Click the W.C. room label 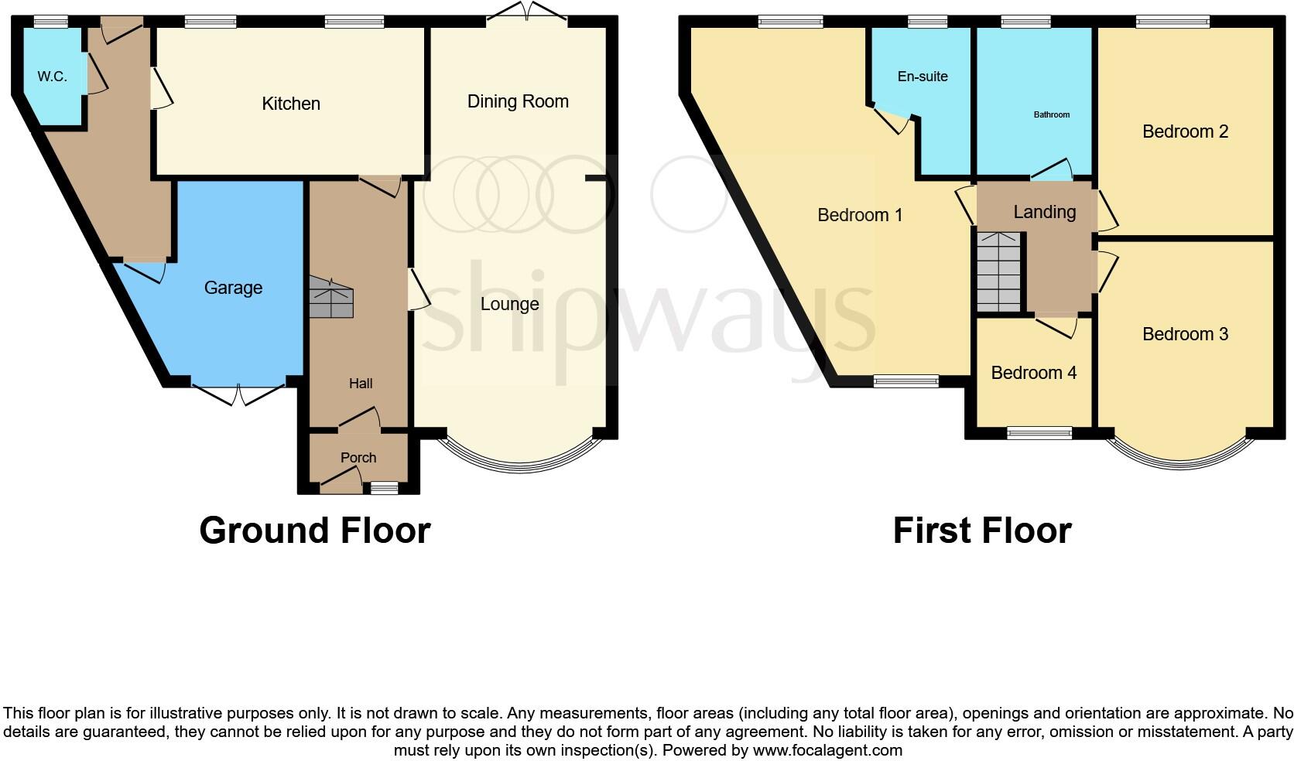52,77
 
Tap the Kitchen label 291,104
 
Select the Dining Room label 518,101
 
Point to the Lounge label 509,304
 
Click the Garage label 233,288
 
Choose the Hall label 361,384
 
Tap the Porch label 358,458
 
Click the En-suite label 923,77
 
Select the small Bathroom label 1052,114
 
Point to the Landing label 1045,212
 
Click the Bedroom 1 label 860,215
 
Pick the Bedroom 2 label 1185,131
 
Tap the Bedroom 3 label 1185,334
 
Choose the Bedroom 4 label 1034,373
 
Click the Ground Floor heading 315,531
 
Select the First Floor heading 982,531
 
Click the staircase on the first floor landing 999,272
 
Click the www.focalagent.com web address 827,750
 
